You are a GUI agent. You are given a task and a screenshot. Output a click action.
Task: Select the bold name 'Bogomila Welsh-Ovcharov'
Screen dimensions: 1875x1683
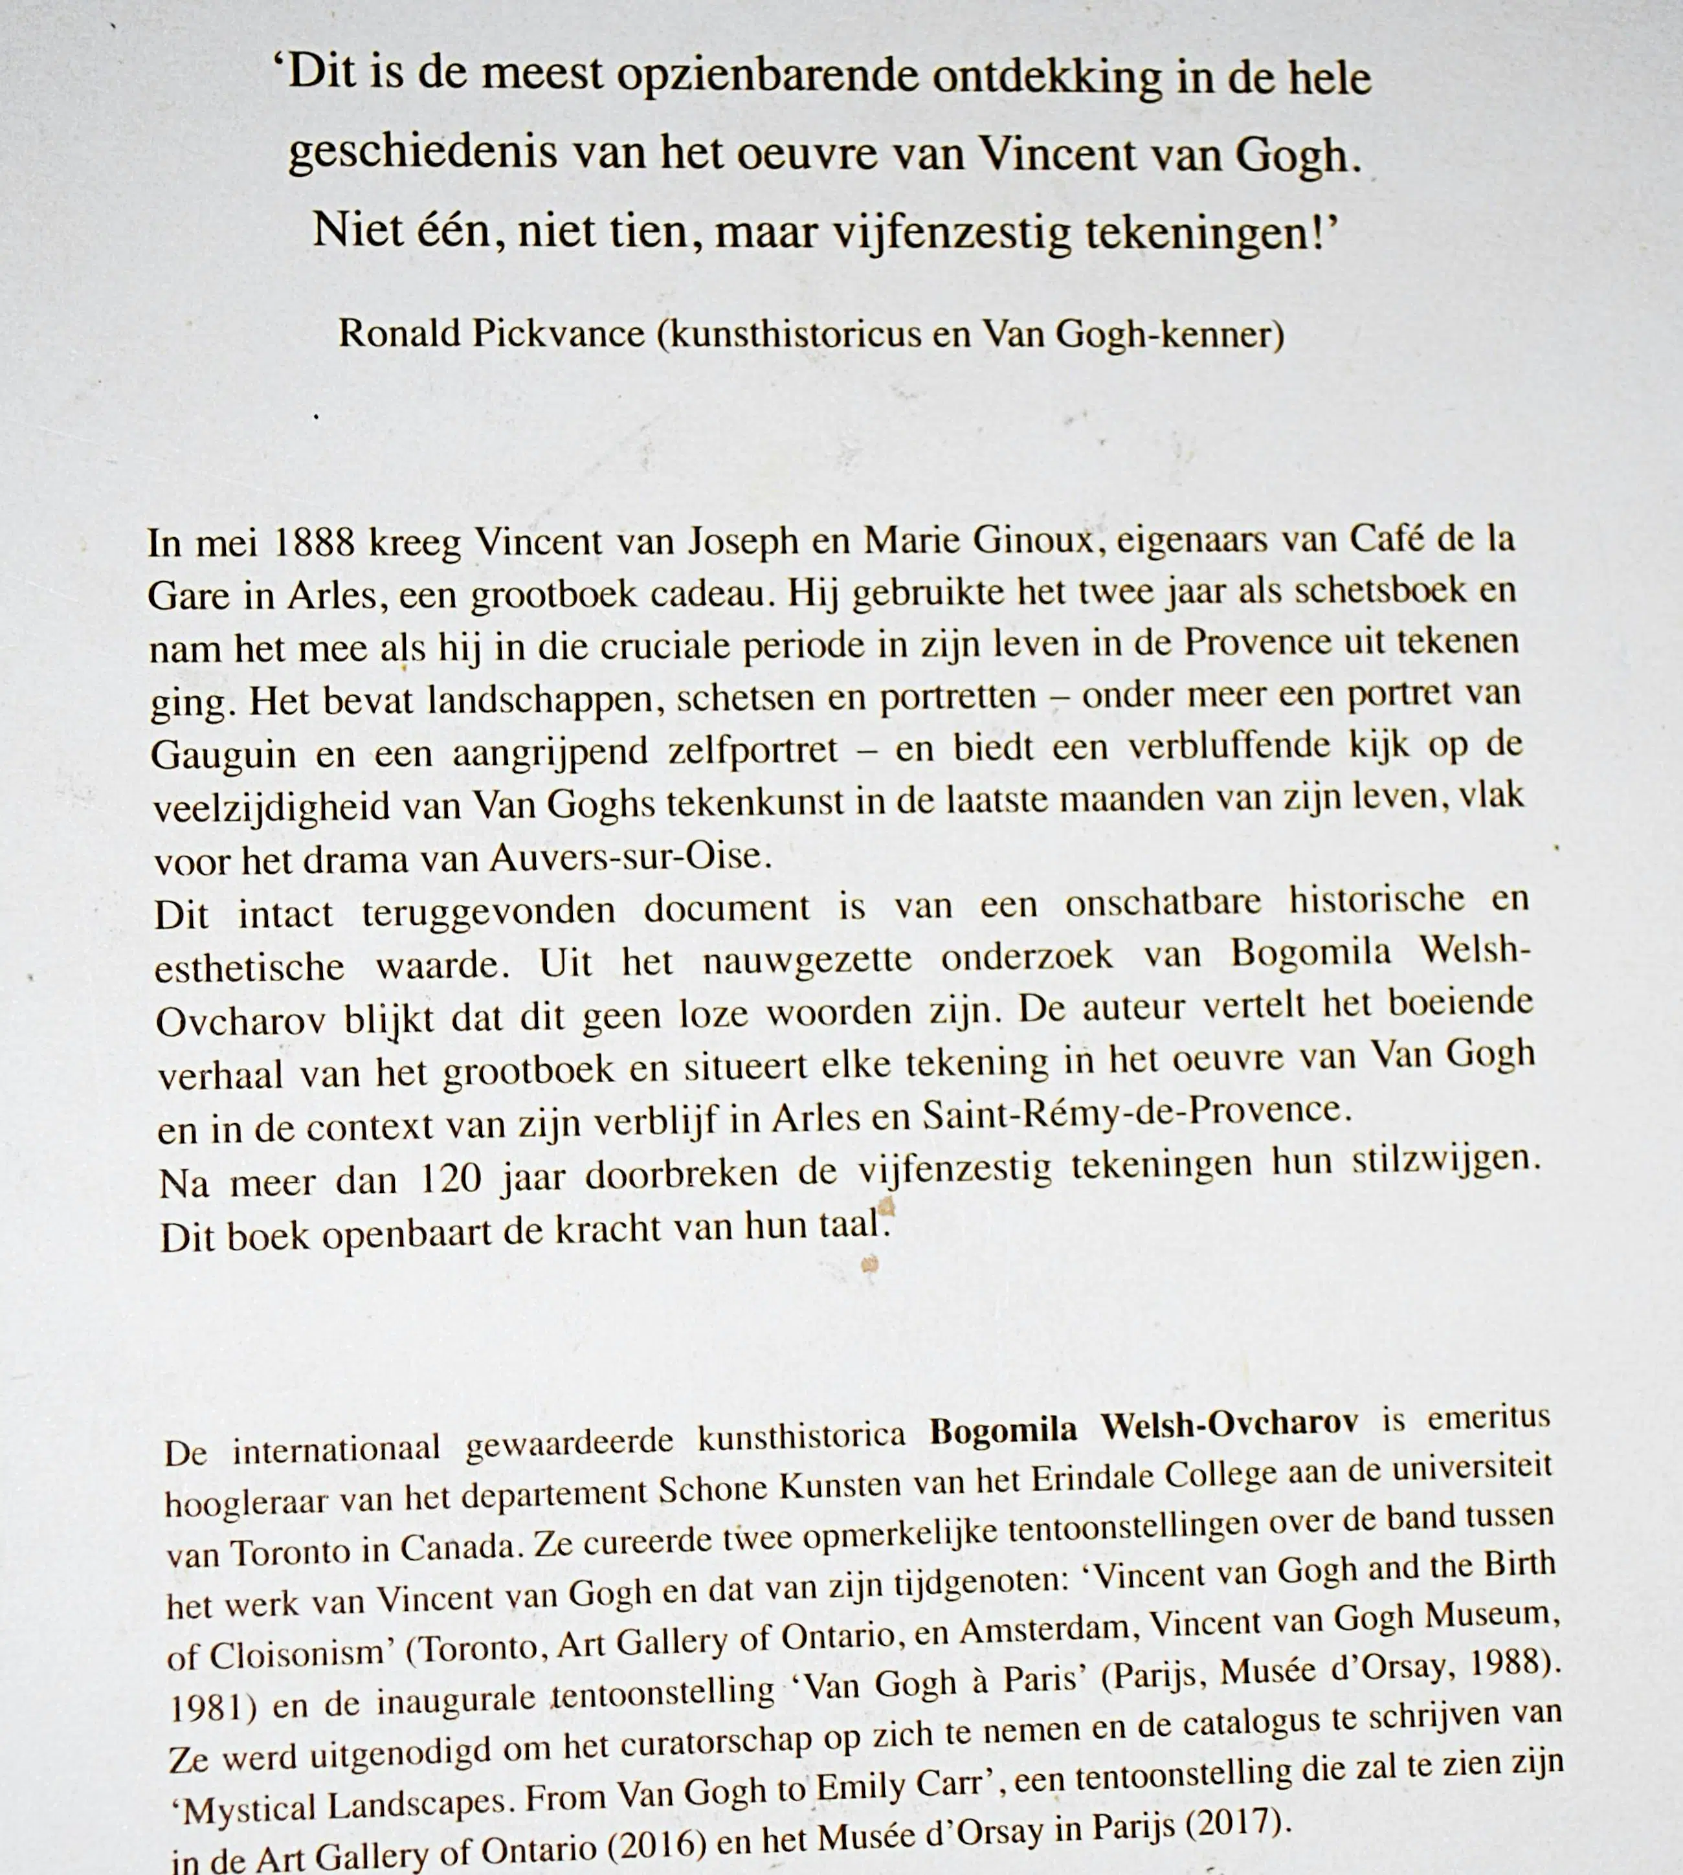tap(1143, 1428)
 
